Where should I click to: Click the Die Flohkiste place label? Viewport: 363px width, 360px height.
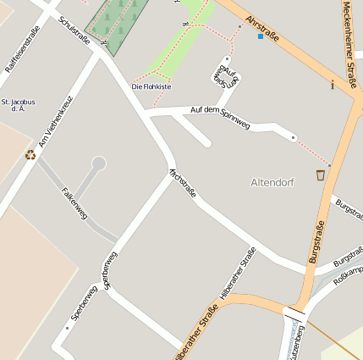click(x=151, y=86)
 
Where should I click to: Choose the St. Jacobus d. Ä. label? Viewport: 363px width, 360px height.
click(x=17, y=105)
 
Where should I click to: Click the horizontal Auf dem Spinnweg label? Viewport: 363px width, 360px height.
click(x=220, y=117)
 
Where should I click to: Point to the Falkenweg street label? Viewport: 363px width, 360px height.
click(x=74, y=203)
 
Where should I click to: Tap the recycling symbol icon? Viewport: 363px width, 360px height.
click(x=30, y=154)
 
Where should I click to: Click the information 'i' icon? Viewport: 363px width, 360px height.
click(x=333, y=84)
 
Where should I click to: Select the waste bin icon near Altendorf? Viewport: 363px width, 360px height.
click(x=320, y=175)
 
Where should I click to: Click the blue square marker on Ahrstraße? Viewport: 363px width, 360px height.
click(x=261, y=36)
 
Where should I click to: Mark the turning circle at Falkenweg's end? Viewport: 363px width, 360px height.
click(x=98, y=162)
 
